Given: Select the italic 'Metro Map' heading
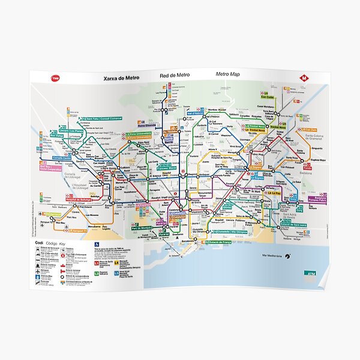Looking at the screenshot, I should point(229,75).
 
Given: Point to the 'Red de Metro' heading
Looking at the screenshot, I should point(175,76).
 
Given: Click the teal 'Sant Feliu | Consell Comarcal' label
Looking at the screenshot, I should point(102,118).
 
